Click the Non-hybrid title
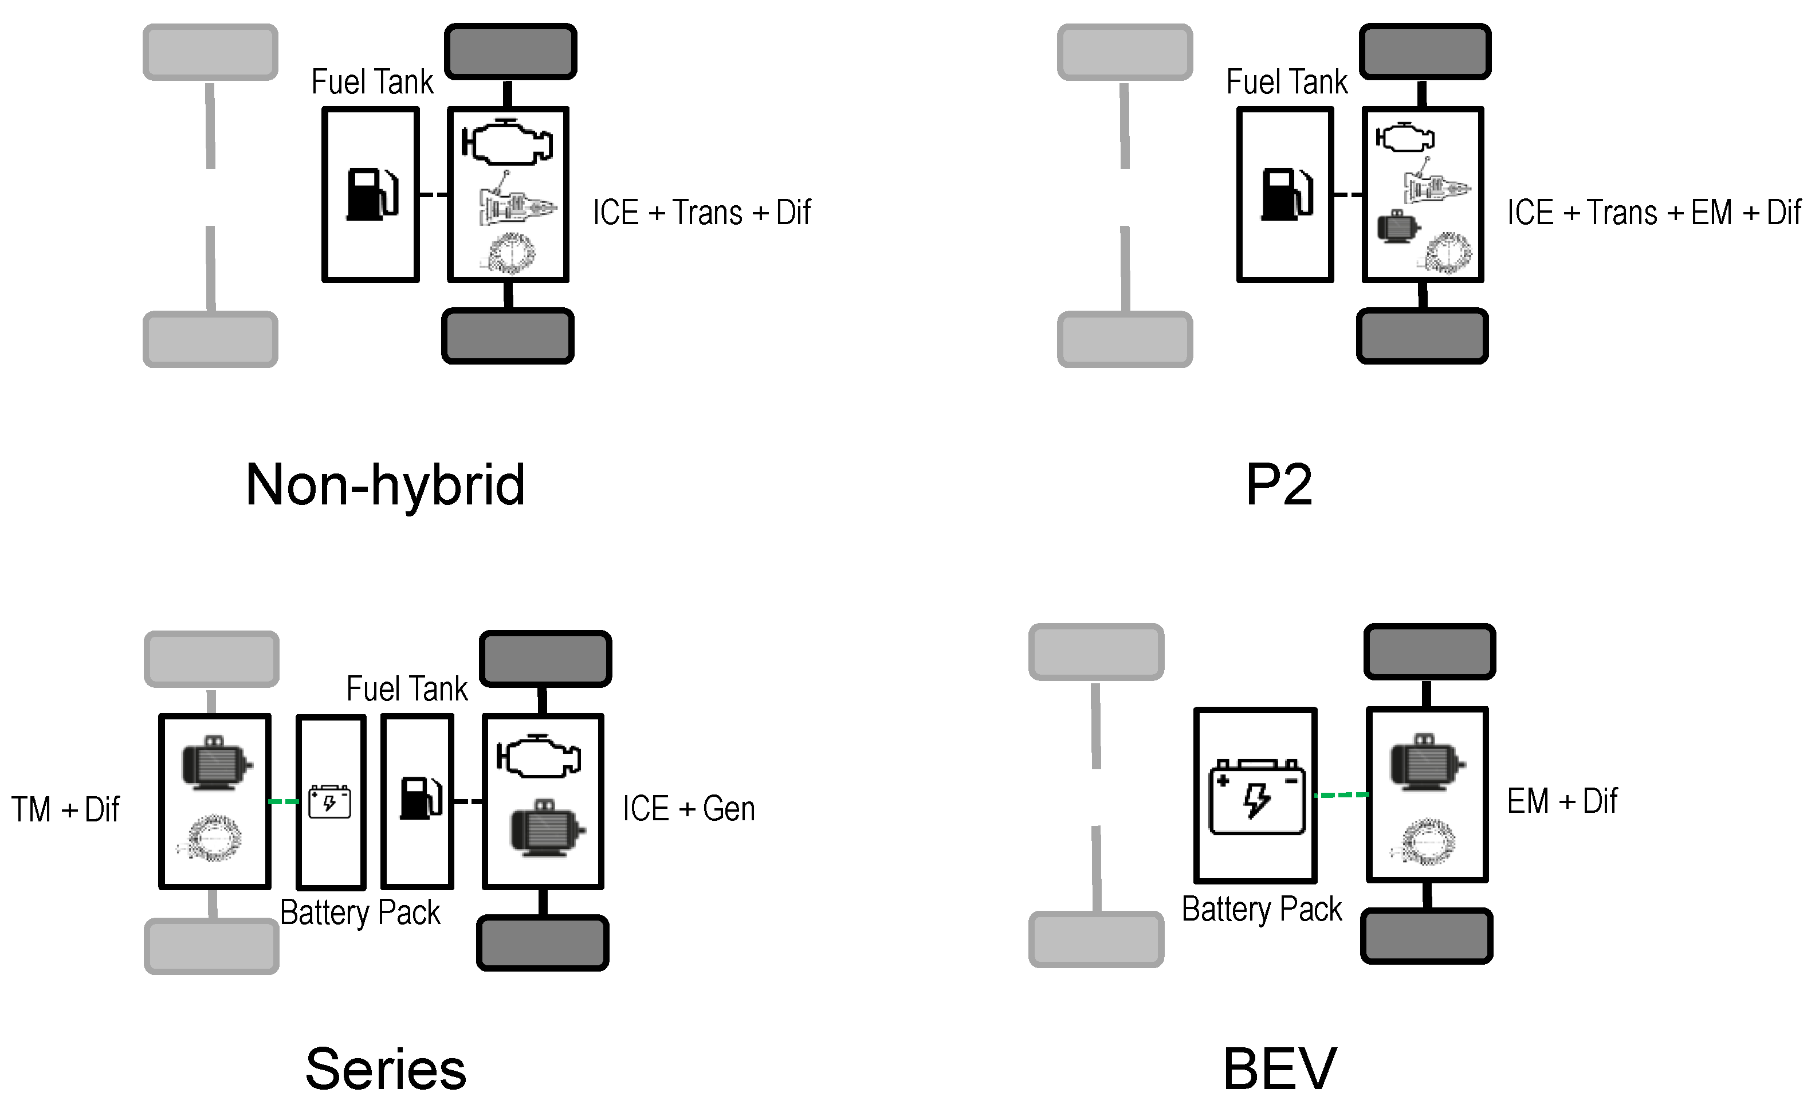click(x=384, y=485)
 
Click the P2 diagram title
click(x=1279, y=485)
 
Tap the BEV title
click(x=1279, y=1068)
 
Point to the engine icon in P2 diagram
click(x=1405, y=138)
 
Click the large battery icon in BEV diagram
click(x=1256, y=797)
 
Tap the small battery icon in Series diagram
click(x=329, y=802)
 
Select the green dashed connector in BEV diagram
click(x=1342, y=795)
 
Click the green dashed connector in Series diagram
click(x=283, y=801)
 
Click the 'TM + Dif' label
click(x=65, y=809)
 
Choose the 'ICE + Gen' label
click(x=688, y=808)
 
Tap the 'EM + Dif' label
click(x=1562, y=801)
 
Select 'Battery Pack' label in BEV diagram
click(x=1261, y=909)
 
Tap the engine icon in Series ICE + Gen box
click(x=539, y=756)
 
